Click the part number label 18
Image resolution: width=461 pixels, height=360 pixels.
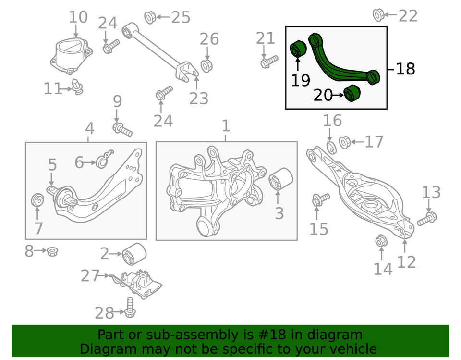(406, 69)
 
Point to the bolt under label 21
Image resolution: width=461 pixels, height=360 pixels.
(269, 62)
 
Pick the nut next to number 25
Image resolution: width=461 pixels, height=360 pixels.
(150, 18)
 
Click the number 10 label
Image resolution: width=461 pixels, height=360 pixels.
(78, 17)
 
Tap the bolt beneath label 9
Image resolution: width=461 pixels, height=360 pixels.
(122, 128)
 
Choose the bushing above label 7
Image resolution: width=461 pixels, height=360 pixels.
(37, 199)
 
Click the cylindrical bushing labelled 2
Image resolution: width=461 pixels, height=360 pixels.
(134, 253)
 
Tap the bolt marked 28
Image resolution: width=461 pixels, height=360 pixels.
(129, 307)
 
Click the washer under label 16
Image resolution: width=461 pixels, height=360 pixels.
(331, 146)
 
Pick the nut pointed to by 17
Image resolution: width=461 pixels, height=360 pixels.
(345, 142)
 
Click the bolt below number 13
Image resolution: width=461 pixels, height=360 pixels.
(426, 219)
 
